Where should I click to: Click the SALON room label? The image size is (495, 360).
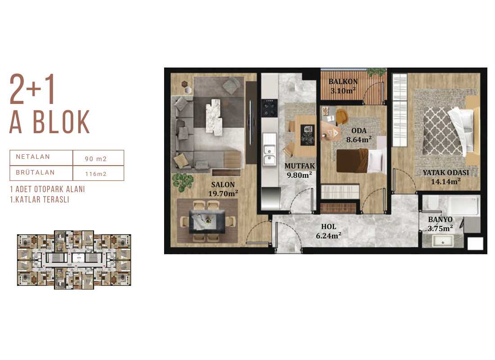pyautogui.click(x=223, y=184)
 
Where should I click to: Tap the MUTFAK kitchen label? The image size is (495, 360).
pyautogui.click(x=299, y=166)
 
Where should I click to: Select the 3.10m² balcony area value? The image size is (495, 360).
pyautogui.click(x=343, y=91)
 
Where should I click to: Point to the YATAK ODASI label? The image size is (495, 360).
pyautogui.click(x=446, y=172)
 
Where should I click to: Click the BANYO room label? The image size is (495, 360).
pyautogui.click(x=440, y=219)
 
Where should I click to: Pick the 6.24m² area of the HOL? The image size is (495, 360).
pyautogui.click(x=329, y=236)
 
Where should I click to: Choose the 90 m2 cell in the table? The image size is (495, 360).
pyautogui.click(x=96, y=159)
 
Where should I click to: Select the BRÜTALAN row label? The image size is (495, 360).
pyautogui.click(x=36, y=172)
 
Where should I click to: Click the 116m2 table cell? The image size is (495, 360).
pyautogui.click(x=96, y=174)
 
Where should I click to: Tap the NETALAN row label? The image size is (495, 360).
pyautogui.click(x=33, y=157)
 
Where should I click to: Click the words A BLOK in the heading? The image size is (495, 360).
pyautogui.click(x=50, y=122)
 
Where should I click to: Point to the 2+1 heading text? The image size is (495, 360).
pyautogui.click(x=32, y=89)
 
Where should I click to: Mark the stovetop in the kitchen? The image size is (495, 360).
pyautogui.click(x=269, y=108)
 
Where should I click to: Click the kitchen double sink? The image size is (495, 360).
pyautogui.click(x=269, y=154)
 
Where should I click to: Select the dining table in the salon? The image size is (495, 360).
pyautogui.click(x=207, y=220)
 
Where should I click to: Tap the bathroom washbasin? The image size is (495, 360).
pyautogui.click(x=442, y=242)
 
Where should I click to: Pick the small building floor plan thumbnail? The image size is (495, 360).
pyautogui.click(x=74, y=260)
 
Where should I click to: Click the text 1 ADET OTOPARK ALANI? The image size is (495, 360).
pyautogui.click(x=47, y=189)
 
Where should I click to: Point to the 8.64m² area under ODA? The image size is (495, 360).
pyautogui.click(x=359, y=139)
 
